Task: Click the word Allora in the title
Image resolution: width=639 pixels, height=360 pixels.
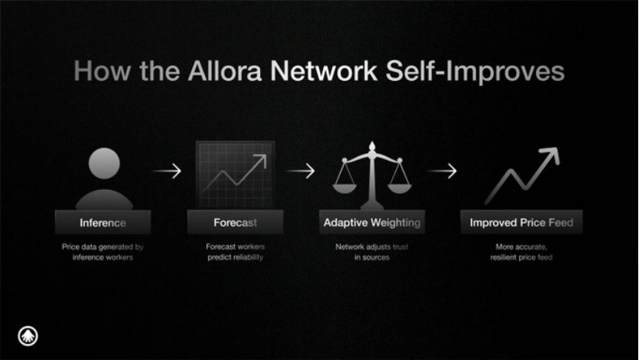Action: click(225, 71)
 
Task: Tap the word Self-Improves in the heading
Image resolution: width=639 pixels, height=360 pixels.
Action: click(474, 72)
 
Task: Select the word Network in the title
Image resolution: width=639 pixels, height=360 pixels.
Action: click(324, 71)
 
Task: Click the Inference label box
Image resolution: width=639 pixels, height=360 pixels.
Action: click(103, 222)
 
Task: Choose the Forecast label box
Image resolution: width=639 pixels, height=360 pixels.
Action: click(235, 222)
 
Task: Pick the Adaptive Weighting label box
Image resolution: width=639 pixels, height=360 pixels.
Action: click(371, 222)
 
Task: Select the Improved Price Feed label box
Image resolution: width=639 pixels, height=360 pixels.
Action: click(521, 222)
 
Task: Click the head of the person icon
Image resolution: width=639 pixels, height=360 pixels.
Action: click(105, 163)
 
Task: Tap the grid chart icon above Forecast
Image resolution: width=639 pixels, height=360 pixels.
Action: click(235, 175)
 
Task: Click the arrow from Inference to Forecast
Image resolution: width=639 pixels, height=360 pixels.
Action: click(167, 171)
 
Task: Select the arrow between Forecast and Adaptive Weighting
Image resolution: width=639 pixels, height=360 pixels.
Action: click(301, 171)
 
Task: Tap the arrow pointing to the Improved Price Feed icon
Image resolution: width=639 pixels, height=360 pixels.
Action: click(442, 171)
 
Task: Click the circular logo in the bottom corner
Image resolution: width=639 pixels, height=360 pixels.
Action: click(28, 336)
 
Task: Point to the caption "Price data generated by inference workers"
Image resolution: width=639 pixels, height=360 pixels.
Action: click(103, 252)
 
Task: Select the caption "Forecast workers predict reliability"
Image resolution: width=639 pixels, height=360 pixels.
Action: click(235, 252)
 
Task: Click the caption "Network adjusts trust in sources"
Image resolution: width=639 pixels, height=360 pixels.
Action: click(371, 252)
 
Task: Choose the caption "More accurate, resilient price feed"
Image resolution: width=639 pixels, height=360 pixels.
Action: click(521, 252)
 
